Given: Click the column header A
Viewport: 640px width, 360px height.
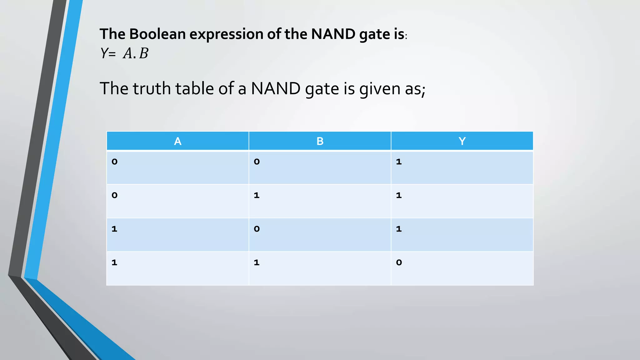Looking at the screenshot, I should tap(177, 141).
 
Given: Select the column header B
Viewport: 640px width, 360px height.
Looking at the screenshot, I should tap(320, 141).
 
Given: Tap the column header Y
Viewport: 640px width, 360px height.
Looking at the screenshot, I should tap(462, 141).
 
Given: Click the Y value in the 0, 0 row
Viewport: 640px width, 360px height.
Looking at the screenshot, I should tap(399, 162).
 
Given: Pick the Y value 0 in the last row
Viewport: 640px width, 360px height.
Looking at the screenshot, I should tap(399, 262).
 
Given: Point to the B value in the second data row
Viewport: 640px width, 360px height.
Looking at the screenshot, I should tap(257, 195).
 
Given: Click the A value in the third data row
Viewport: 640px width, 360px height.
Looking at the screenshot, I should tap(114, 229).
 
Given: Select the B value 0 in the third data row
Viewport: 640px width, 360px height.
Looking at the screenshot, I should tap(257, 229).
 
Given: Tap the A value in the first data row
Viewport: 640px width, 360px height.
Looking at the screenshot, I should tap(114, 162).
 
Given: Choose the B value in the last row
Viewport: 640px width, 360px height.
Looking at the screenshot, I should tap(257, 262).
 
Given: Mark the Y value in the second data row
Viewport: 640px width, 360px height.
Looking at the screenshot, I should tap(399, 195).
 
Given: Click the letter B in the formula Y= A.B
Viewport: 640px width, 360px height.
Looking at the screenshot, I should tap(144, 54).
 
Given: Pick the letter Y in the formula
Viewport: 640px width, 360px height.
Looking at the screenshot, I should tap(104, 54).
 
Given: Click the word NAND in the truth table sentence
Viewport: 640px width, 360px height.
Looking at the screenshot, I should tap(276, 89).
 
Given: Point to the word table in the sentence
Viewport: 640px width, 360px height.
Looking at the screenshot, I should tap(195, 89).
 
